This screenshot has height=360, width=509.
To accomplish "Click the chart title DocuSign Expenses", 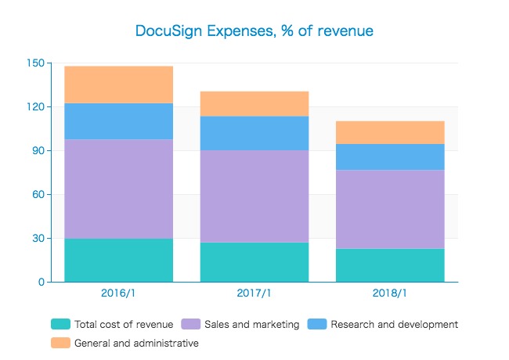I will tap(254, 31).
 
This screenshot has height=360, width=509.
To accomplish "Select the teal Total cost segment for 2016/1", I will tap(118, 260).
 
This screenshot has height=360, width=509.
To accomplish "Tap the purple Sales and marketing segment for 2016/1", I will tap(118, 189).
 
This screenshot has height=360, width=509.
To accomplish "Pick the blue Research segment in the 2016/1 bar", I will tap(118, 121).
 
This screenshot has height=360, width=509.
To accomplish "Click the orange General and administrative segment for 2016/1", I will tap(118, 85).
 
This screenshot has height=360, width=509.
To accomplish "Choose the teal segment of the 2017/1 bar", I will tap(254, 262).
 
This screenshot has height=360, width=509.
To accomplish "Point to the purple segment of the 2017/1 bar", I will tap(254, 196).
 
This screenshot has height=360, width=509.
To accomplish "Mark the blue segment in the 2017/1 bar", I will tap(254, 133).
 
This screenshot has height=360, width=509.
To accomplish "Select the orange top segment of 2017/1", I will tap(254, 103).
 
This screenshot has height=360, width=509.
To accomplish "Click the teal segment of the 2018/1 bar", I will tap(390, 265).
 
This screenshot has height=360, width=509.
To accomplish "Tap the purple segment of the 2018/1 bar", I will tap(390, 209).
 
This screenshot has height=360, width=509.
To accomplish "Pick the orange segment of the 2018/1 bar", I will tap(390, 132).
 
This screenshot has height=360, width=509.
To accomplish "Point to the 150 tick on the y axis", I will tap(34, 63).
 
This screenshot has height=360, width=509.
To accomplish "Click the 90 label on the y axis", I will tap(37, 150).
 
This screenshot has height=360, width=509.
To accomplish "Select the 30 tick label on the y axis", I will tap(37, 238).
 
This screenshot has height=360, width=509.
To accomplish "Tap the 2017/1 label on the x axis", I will tap(254, 293).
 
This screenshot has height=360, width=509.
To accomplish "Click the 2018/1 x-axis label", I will tap(390, 293).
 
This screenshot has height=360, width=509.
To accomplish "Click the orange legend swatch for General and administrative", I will tap(60, 343).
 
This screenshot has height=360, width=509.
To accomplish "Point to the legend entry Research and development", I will tap(394, 324).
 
